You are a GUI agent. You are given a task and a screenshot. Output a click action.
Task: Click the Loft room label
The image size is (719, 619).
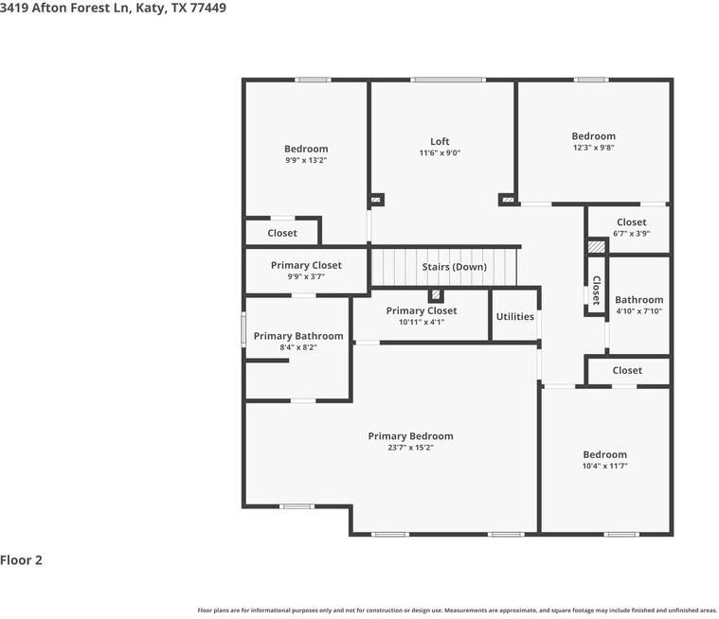pos(440,142)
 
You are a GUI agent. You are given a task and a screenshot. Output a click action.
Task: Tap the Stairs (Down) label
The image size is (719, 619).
pos(454,267)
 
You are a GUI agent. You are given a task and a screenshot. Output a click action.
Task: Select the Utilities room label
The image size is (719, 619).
pos(515,317)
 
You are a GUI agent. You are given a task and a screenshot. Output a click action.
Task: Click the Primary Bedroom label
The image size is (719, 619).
pos(410,436)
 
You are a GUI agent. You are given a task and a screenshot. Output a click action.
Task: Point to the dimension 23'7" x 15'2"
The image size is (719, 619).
pos(410,448)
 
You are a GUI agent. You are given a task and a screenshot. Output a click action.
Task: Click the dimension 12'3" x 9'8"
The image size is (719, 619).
pos(593,148)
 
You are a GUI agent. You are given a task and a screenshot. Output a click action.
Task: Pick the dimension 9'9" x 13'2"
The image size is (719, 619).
pos(306,160)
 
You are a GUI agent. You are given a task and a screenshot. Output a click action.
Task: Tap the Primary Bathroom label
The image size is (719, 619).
pos(298,336)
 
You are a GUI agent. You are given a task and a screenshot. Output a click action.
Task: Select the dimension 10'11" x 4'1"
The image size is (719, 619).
pos(422,322)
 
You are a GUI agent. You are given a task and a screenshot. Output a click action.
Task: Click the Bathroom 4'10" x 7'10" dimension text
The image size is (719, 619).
pos(638,311)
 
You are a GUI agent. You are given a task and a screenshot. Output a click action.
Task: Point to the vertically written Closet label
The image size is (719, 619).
pos(596,290)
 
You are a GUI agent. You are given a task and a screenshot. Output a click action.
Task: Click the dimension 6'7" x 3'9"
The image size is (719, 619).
pos(632,234)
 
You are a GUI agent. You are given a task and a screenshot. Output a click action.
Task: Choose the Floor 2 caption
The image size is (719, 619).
pos(21,560)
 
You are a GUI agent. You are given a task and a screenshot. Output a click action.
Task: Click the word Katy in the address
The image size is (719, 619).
pos(151,9)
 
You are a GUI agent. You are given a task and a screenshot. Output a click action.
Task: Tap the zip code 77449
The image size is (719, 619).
pos(208,8)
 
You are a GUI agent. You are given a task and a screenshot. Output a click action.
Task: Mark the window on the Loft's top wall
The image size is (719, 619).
pos(447,80)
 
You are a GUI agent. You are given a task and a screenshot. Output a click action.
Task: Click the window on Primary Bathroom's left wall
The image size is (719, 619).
pos(243,329)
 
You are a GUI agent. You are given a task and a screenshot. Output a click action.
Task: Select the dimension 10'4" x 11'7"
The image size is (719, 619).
pos(604,466)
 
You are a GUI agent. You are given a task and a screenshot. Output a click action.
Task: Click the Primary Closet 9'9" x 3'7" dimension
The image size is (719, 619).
pos(306,276)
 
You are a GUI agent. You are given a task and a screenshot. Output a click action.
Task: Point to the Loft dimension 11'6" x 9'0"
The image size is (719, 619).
pos(440,153)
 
